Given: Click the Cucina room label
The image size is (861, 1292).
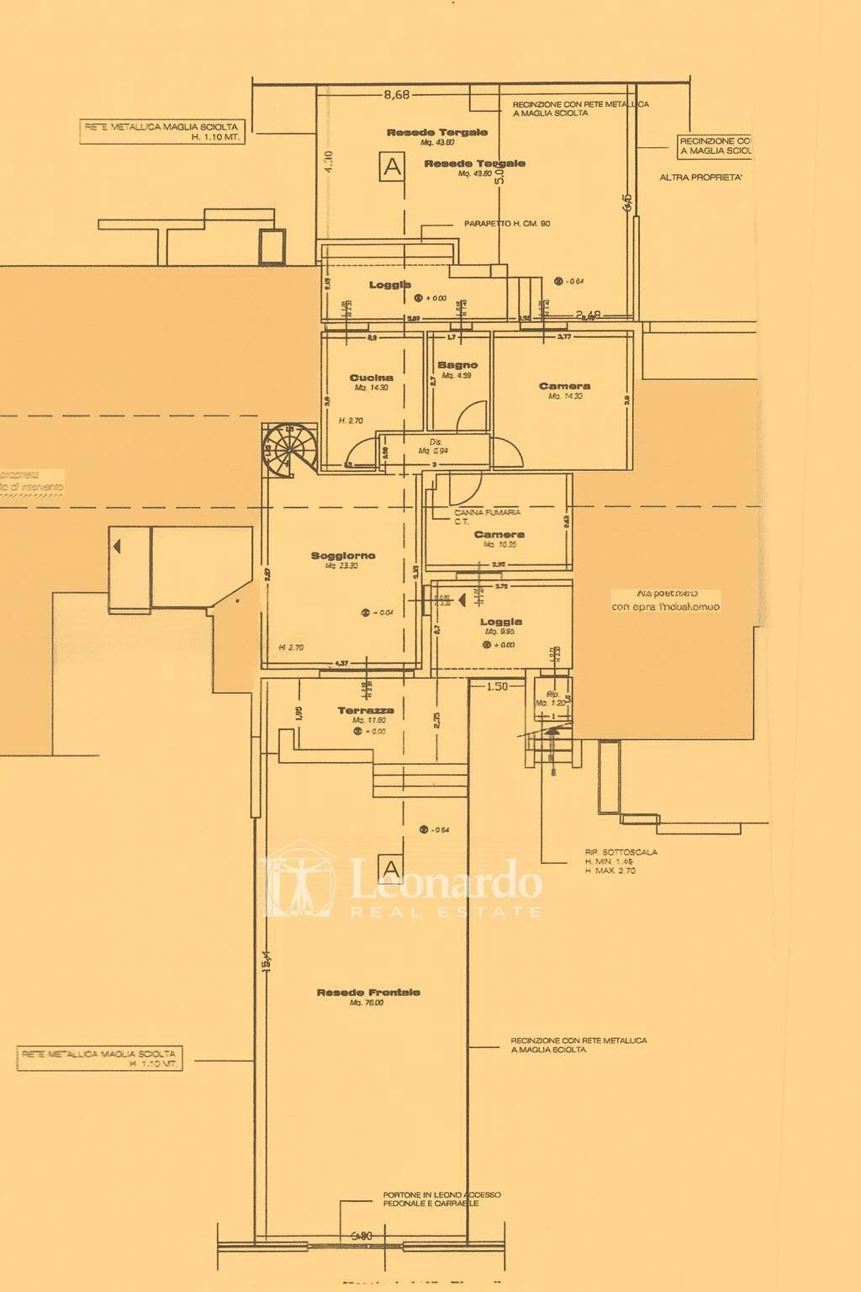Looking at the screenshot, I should point(371,378).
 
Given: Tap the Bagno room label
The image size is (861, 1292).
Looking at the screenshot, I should point(457,365).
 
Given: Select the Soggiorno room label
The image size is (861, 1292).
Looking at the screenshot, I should point(343,555).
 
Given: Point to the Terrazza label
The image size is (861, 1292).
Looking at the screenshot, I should point(366,711).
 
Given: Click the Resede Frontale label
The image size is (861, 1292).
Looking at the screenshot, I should point(368,993).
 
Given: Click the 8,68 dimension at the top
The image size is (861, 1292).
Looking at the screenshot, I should point(396,95).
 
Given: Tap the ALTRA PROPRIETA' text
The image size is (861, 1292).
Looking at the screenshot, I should point(700,177).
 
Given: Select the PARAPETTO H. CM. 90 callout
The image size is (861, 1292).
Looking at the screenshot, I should point(507,224).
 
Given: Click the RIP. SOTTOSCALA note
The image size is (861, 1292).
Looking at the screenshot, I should point(621,852).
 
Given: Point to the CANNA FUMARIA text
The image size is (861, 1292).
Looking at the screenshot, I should point(488,511).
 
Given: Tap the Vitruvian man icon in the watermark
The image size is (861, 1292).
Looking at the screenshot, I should point(298,885).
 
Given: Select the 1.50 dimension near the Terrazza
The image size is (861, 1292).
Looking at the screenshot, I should point(496,686).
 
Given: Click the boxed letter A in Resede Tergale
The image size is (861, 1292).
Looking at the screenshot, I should point(392,166).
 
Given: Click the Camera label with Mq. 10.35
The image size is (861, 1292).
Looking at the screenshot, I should point(499,534).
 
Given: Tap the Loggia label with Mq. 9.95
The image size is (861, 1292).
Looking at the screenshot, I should point(500,622).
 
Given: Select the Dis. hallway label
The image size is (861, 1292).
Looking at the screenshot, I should point(436,442).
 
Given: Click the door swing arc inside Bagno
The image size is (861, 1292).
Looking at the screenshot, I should point(473,414).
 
